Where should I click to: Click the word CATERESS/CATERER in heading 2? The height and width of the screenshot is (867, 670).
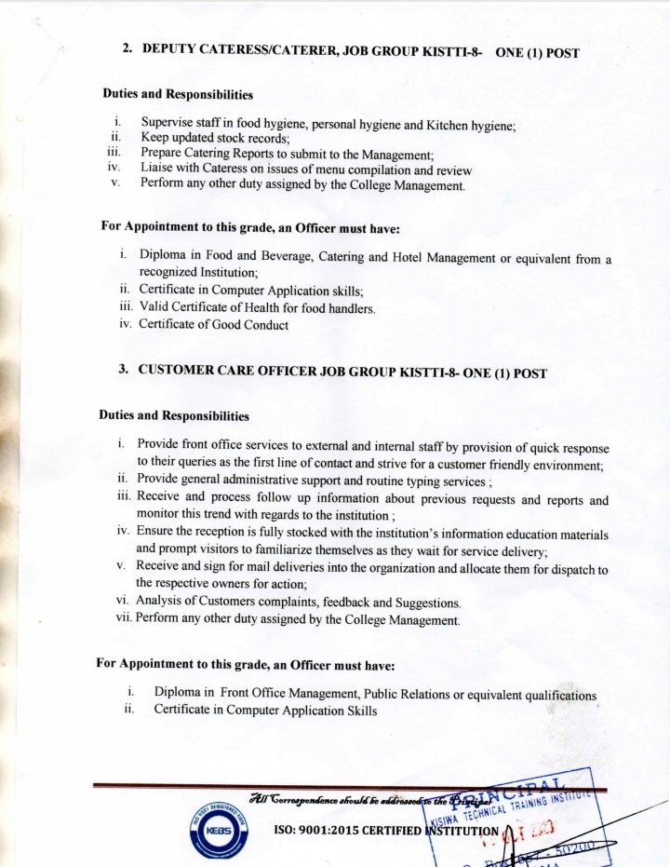pos(258,49)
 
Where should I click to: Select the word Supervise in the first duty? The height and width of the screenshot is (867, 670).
pos(168,123)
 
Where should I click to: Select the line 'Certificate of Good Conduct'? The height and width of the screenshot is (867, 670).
pos(213,325)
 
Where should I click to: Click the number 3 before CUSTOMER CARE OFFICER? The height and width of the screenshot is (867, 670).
pos(123,370)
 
